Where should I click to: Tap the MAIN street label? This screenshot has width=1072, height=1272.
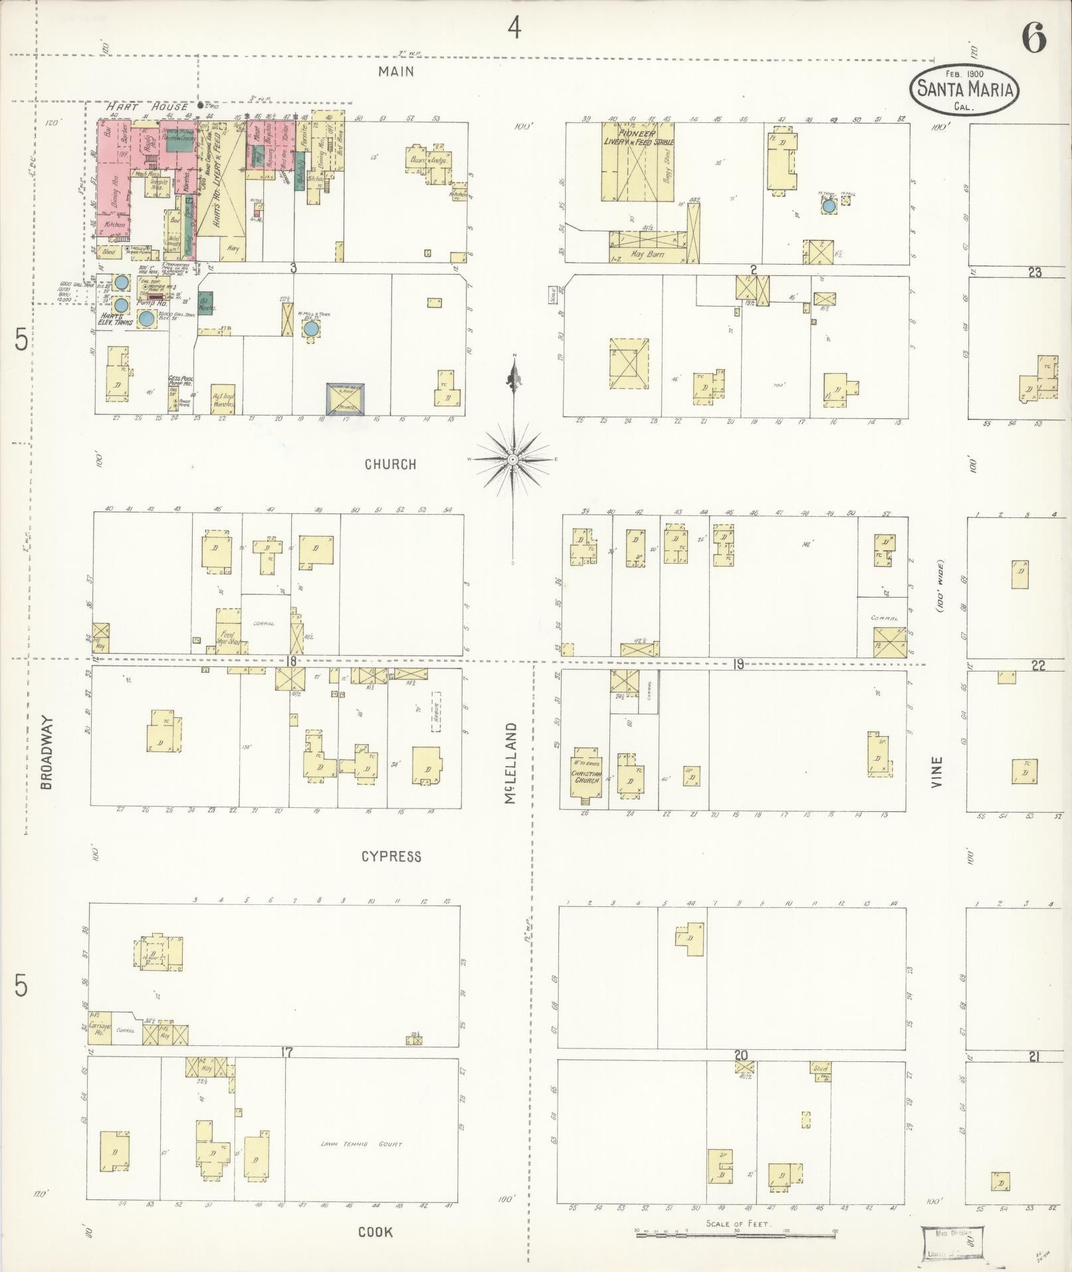coord(396,71)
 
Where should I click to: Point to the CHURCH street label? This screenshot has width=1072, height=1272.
coord(391,464)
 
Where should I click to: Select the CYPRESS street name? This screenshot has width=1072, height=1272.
coord(391,856)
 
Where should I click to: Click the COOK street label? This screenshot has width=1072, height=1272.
coord(375,1231)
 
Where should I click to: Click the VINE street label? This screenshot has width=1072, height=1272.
coord(937,772)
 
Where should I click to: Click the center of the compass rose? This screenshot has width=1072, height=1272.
coord(513,459)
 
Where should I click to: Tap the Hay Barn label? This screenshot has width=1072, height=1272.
coord(645,254)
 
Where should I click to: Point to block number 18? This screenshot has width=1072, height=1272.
coord(290,661)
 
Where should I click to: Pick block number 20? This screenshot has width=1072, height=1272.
coord(741,1055)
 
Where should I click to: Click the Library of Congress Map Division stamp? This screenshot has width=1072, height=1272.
coord(952,1241)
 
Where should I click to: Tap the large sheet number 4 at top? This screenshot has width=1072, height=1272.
coord(514,27)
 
